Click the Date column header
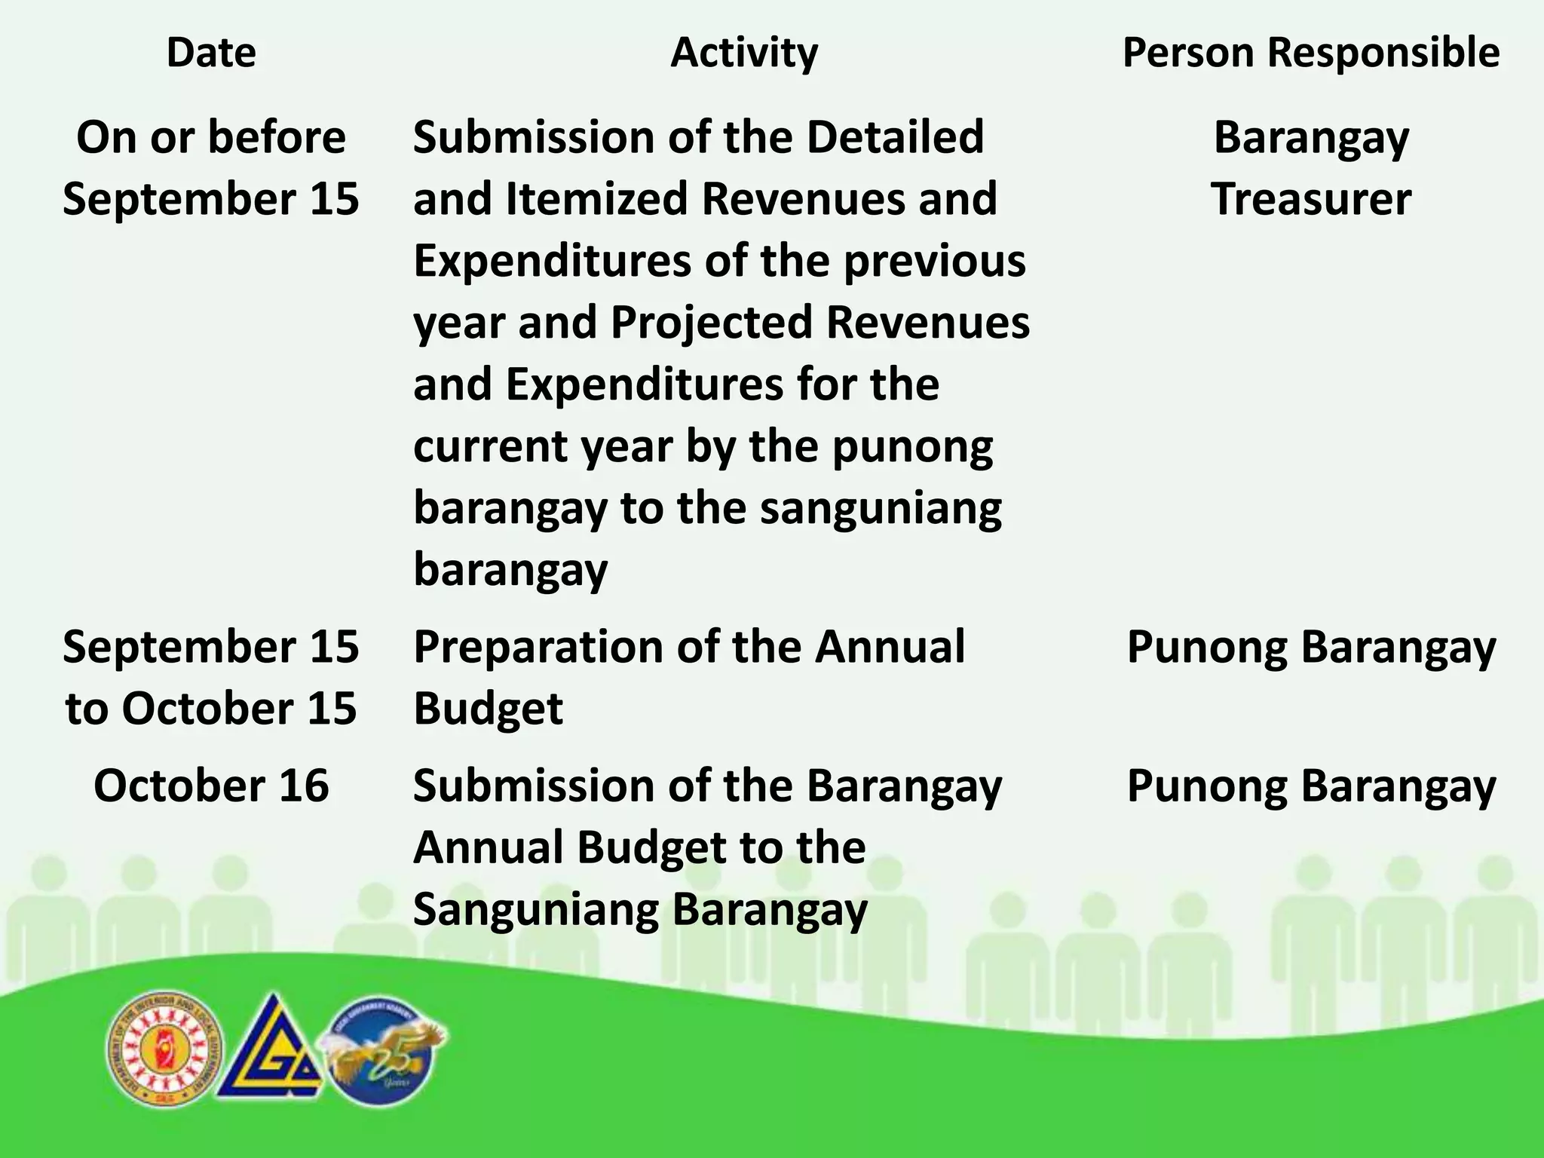pos(211,53)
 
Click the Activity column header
pos(743,53)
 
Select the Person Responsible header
pos(1310,53)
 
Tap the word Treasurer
pos(1310,199)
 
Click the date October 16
pos(211,786)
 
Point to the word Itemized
pos(596,199)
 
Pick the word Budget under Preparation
pos(488,709)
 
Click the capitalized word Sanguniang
pos(536,909)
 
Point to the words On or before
pos(211,137)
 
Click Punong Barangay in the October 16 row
pos(1310,786)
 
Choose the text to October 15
pos(211,709)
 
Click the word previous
pos(934,261)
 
